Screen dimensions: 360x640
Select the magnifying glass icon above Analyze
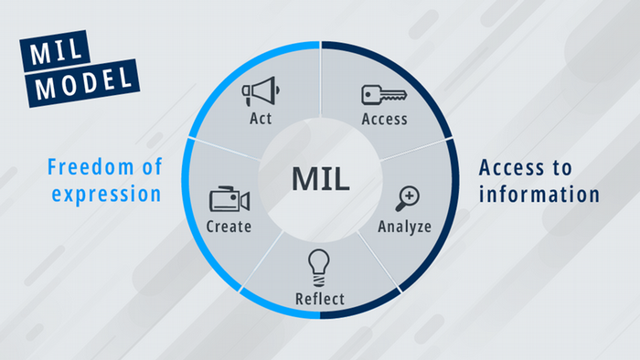point(406,198)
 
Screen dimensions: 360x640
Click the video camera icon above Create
point(229,199)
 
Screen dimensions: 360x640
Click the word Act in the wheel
point(260,119)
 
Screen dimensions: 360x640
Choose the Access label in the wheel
point(384,119)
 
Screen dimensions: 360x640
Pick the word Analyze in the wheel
point(406,225)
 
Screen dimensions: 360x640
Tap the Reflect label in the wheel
point(319,299)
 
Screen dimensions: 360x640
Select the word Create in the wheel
point(229,226)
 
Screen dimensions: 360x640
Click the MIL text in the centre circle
point(320,178)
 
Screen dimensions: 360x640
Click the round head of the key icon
point(370,93)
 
